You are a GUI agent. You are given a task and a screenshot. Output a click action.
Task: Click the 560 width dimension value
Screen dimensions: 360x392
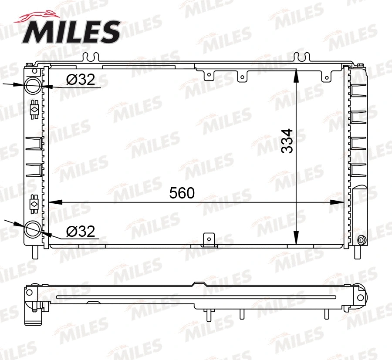click(182, 193)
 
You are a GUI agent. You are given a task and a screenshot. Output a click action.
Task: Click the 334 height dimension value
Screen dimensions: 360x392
click(287, 141)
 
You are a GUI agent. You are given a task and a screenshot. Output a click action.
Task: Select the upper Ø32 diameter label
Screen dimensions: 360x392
click(81, 80)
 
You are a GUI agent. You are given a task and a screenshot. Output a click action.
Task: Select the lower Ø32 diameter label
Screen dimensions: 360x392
click(81, 231)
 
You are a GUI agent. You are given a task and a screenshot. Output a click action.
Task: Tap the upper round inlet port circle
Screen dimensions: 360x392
click(32, 85)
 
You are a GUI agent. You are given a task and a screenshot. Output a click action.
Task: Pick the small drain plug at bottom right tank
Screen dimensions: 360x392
click(361, 240)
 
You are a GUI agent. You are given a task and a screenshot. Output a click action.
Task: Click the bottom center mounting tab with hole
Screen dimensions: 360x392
click(210, 239)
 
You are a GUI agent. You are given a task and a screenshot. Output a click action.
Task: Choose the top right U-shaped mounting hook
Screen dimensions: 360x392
click(301, 57)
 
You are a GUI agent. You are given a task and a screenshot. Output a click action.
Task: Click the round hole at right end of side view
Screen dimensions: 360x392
click(360, 297)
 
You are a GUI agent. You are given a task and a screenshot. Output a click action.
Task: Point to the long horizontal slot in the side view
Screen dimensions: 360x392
click(196, 297)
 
